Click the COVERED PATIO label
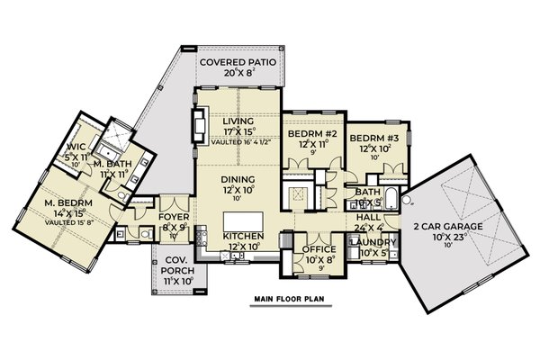[238, 62]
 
